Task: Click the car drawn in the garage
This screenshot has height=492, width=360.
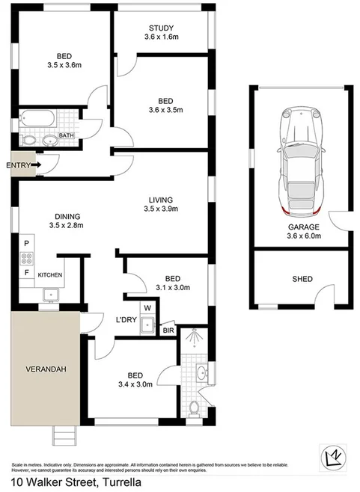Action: pyautogui.click(x=298, y=159)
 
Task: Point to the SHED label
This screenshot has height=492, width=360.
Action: pyautogui.click(x=302, y=279)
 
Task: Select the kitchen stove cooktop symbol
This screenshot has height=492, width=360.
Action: pyautogui.click(x=27, y=259)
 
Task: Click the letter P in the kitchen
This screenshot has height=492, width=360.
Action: pyautogui.click(x=27, y=244)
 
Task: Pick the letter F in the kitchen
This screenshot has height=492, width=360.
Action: pyautogui.click(x=27, y=274)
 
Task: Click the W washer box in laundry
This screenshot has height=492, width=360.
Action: pyautogui.click(x=147, y=307)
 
